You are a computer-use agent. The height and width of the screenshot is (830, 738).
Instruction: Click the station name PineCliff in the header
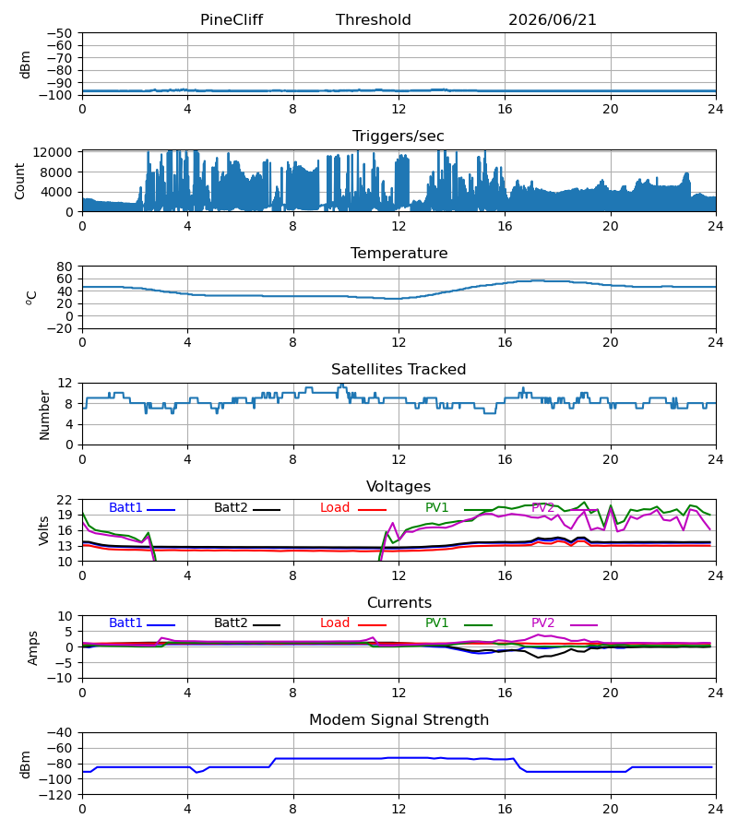232,19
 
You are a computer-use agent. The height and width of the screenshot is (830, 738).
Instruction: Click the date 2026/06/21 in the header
553,19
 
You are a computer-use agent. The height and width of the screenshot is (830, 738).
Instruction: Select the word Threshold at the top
374,19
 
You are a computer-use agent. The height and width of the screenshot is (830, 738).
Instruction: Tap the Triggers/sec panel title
399,136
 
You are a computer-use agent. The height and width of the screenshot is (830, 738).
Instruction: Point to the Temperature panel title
399,253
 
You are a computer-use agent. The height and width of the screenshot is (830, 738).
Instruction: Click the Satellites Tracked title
399,370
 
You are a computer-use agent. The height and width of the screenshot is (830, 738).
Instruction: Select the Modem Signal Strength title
399,720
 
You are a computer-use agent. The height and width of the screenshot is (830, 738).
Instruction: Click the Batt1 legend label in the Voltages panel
125,507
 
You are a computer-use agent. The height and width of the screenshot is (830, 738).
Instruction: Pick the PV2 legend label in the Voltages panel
542,507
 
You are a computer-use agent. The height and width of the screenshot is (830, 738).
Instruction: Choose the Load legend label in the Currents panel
335,623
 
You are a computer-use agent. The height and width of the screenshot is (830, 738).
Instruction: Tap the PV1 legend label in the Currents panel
436,623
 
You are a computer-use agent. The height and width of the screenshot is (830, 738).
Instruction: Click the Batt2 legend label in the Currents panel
231,623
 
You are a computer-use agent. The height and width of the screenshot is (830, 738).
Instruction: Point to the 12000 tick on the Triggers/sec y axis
53,152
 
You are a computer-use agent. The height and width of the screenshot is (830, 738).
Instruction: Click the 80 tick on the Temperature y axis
65,267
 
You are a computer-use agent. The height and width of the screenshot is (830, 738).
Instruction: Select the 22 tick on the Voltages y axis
65,500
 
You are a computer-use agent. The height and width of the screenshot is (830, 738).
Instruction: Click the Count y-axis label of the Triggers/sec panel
19,181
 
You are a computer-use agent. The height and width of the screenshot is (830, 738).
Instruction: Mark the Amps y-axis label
33,648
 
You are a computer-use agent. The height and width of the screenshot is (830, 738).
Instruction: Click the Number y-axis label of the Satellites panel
44,415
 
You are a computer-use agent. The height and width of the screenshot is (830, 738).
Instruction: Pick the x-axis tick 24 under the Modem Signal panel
715,810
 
